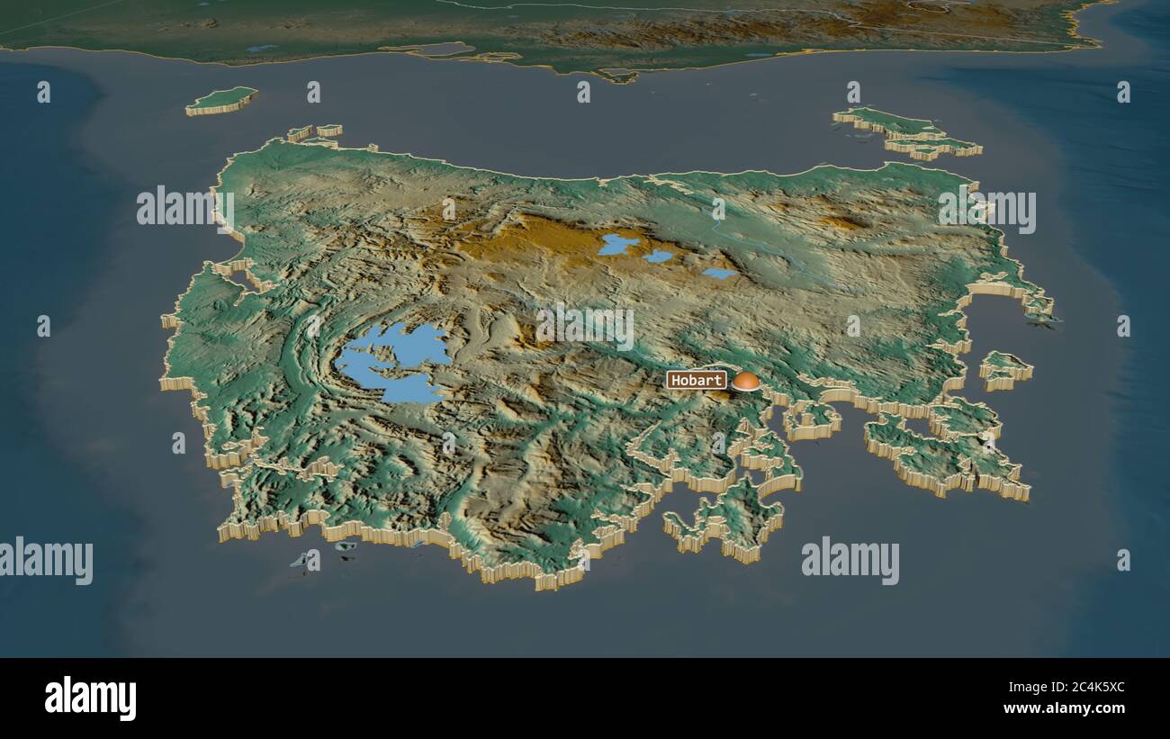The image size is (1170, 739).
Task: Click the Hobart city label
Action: coord(696,380)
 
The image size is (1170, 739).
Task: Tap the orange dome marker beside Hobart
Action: coord(745,381)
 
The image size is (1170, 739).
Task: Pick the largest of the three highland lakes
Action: coord(617,244)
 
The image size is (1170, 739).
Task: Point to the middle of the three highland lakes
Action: coord(658,257)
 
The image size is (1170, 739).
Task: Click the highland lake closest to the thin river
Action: coord(718,273)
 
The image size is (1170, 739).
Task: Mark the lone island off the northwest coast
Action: coord(221,100)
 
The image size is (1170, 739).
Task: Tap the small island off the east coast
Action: coord(1004,368)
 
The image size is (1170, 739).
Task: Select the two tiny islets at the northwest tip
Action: coord(315,132)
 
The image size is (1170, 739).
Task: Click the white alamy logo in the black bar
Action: coord(90,698)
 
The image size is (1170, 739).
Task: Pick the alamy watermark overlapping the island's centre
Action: coord(585,327)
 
